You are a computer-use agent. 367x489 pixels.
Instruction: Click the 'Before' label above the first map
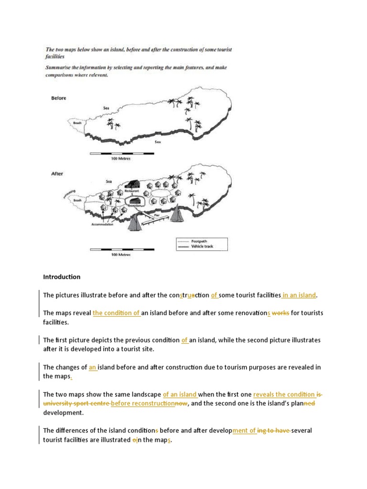[x=58, y=98]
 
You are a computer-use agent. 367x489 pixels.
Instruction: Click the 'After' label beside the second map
[x=57, y=174]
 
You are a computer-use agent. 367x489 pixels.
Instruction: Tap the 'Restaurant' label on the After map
[x=131, y=191]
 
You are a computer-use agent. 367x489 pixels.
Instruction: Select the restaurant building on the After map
[x=132, y=183]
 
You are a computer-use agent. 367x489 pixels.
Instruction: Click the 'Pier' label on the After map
[x=156, y=216]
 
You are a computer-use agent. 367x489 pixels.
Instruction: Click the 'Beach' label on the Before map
[x=77, y=123]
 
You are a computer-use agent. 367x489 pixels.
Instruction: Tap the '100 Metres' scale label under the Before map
[x=121, y=159]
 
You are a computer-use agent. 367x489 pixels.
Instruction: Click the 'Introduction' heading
[x=62, y=277]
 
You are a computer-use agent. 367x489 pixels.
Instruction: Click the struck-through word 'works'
[x=280, y=313]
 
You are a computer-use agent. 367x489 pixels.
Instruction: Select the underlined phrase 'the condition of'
[x=117, y=313]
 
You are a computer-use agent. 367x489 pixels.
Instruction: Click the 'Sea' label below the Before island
[x=158, y=142]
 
